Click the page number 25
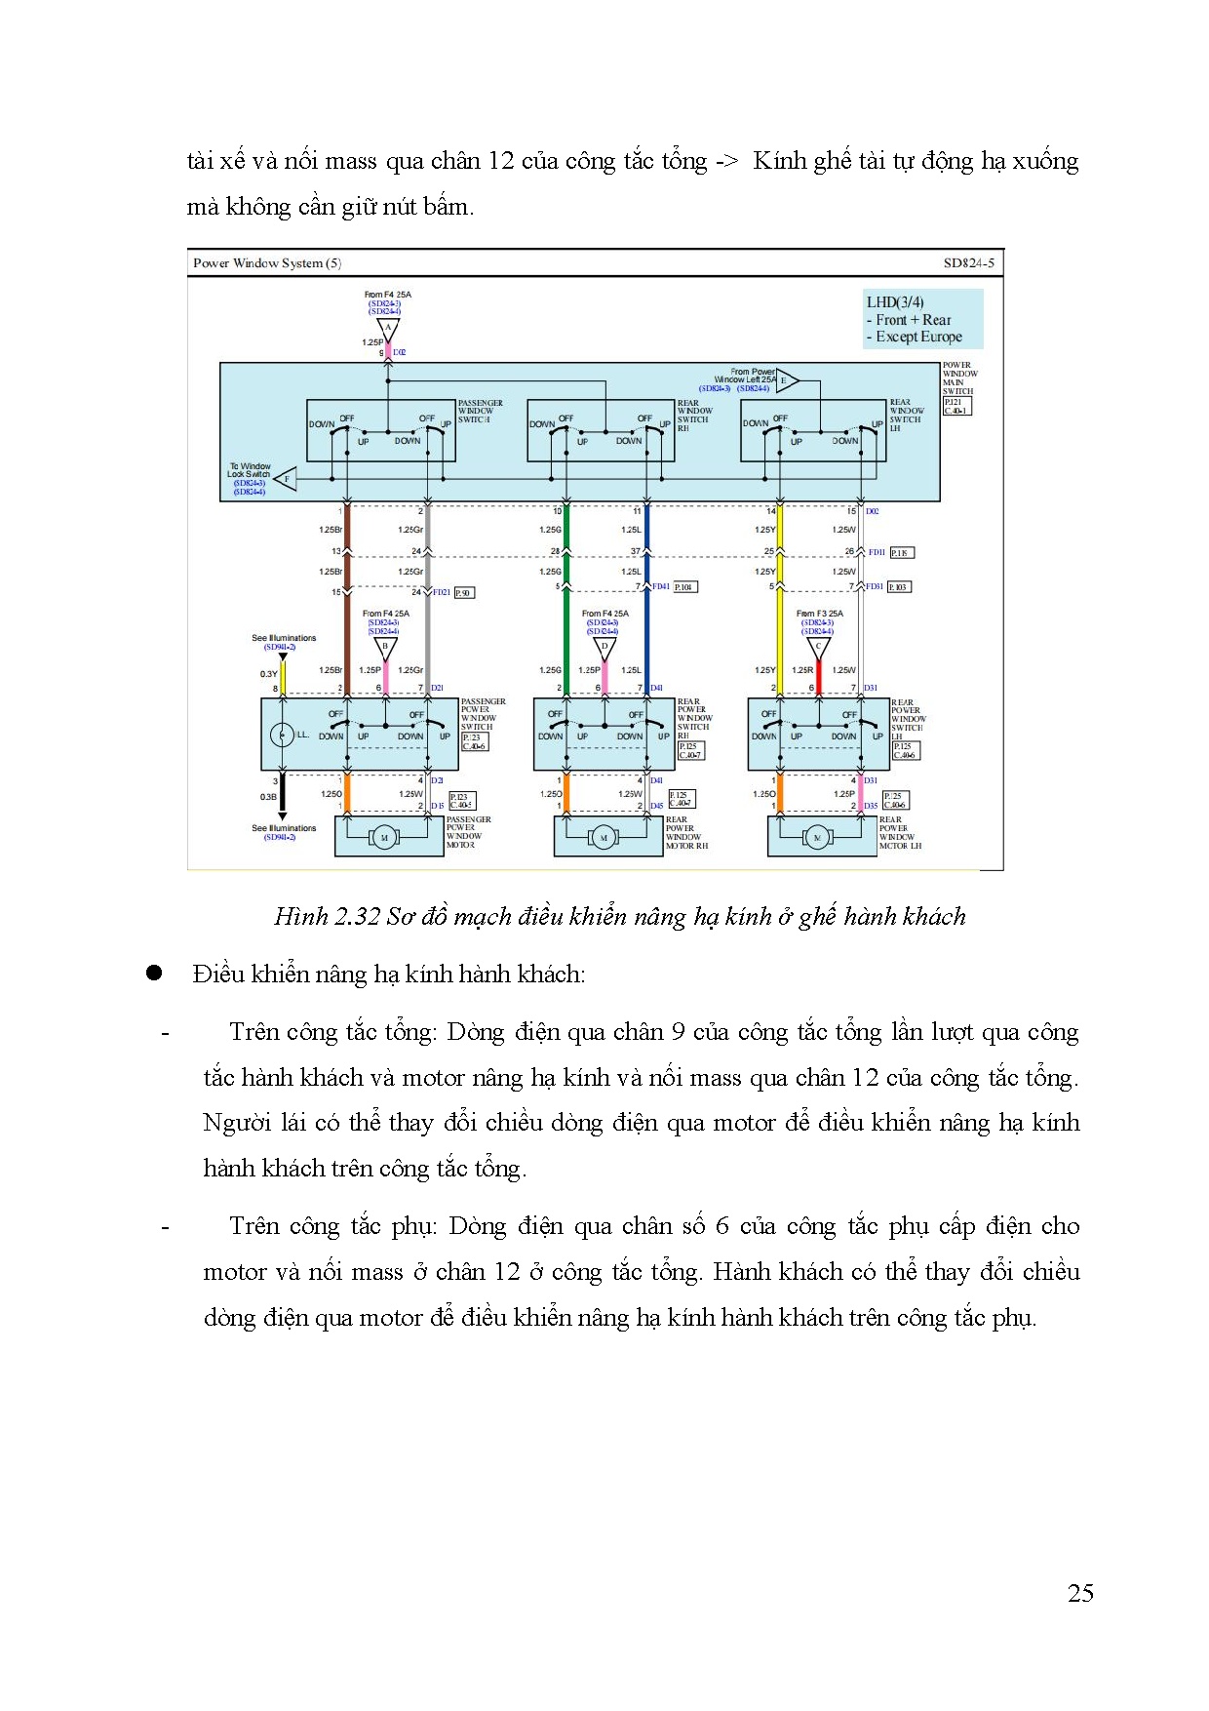pyautogui.click(x=1080, y=1593)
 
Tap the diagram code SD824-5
pyautogui.click(x=968, y=263)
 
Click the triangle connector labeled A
pyautogui.click(x=388, y=329)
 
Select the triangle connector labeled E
pyautogui.click(x=786, y=380)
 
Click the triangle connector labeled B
pyautogui.click(x=386, y=647)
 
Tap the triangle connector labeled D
pyautogui.click(x=604, y=647)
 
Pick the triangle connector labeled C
pyautogui.click(x=819, y=647)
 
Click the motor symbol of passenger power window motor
pyautogui.click(x=384, y=837)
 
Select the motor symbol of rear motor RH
pyautogui.click(x=604, y=837)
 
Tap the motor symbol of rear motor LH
pyautogui.click(x=817, y=837)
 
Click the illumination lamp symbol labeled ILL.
pyautogui.click(x=282, y=735)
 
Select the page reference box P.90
pyautogui.click(x=464, y=592)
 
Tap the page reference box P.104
pyautogui.click(x=685, y=587)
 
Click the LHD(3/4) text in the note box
pyautogui.click(x=895, y=302)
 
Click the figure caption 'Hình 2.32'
pyautogui.click(x=327, y=916)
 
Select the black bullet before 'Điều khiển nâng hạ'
pyautogui.click(x=154, y=973)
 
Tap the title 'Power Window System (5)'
pyautogui.click(x=267, y=263)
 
